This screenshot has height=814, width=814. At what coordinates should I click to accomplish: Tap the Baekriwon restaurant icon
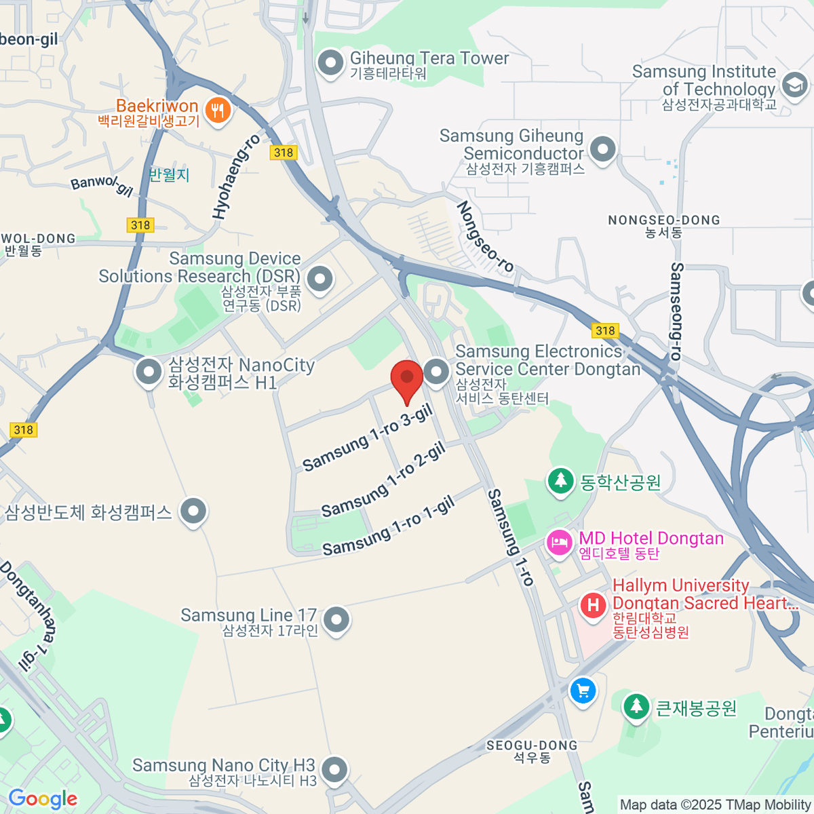217,109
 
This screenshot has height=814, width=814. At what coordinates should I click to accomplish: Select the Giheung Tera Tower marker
330,64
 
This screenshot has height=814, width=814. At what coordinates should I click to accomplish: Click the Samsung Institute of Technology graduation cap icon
794,85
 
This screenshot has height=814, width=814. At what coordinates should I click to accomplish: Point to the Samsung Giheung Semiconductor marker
602,149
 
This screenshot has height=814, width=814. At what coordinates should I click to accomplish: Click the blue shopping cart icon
583,691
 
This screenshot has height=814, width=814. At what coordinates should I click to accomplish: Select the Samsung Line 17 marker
336,619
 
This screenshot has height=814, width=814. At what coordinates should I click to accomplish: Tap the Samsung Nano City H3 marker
334,770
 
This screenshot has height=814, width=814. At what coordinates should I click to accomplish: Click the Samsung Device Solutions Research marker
319,279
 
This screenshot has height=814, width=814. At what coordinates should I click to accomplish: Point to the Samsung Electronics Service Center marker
436,371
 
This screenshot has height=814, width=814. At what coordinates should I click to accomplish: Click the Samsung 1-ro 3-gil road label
368,438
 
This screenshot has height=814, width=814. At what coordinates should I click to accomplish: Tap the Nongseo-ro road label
485,235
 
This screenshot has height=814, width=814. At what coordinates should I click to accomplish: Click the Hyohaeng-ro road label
236,176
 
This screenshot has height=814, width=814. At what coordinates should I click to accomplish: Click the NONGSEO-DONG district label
663,220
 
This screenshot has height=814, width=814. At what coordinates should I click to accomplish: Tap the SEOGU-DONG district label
532,745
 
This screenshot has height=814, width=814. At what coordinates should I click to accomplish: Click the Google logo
43,799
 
